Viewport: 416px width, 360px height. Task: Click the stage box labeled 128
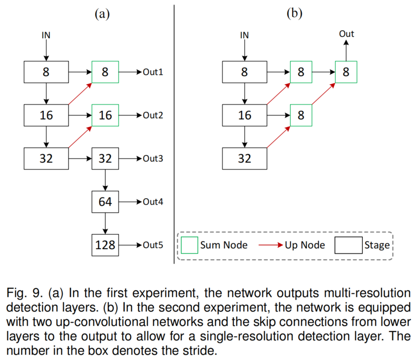coord(105,246)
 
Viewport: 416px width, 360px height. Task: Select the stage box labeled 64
coord(105,201)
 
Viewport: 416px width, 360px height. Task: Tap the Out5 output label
coord(153,246)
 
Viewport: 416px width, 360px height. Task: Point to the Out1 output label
coord(153,72)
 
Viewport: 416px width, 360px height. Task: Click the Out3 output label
coord(153,159)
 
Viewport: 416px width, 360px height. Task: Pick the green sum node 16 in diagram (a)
coord(105,115)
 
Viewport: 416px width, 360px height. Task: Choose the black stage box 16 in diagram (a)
coord(46,115)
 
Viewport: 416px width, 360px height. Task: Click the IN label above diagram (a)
coord(46,35)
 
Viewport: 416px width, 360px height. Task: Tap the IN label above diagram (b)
coord(244,35)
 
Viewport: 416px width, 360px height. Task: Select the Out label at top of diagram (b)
coord(346,34)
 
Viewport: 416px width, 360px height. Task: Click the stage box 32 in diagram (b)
coord(244,159)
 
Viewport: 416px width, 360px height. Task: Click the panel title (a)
coord(102,14)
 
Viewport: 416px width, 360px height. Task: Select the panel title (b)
coord(295,14)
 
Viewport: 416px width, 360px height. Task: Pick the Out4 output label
coord(153,201)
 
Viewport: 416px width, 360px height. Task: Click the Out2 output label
coord(153,115)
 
